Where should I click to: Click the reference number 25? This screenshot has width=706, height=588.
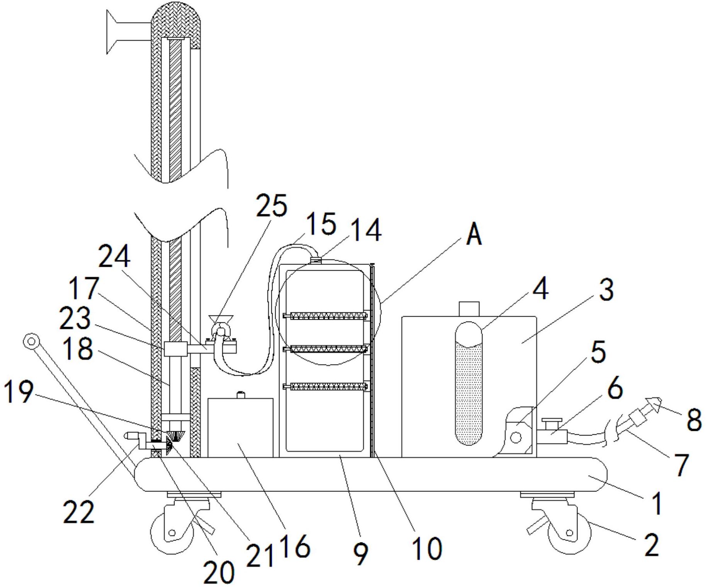click(272, 206)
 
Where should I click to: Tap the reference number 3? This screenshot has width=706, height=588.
click(606, 291)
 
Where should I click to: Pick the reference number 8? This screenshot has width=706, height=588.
click(694, 420)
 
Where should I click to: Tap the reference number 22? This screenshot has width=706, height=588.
click(78, 512)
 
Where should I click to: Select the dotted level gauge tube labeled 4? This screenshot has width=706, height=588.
click(469, 383)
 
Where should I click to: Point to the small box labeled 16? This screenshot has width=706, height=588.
click(240, 427)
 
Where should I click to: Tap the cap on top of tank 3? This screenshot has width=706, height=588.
click(469, 309)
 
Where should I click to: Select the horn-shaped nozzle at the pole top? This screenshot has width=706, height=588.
click(129, 32)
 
